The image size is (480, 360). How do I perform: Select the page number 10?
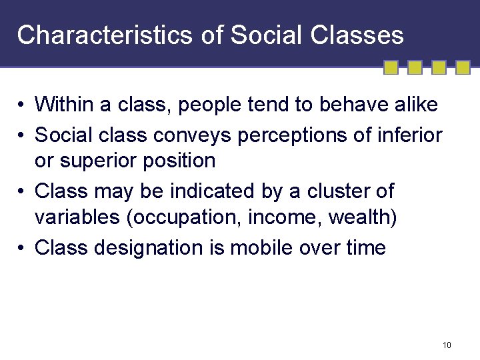447,345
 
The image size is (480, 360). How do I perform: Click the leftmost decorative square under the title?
391,67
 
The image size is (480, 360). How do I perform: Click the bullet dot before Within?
23,105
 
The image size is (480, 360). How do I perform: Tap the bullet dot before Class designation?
23,249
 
